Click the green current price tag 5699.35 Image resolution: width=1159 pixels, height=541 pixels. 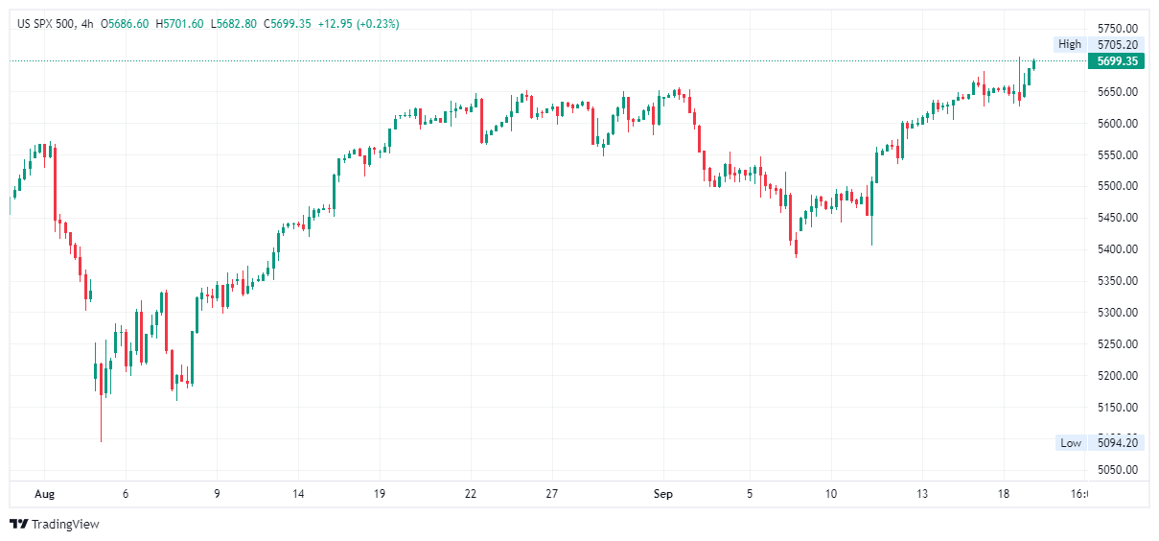tap(1116, 60)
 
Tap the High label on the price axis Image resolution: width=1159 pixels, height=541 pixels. tap(1069, 44)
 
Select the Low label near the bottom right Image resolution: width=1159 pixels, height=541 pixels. tap(1070, 442)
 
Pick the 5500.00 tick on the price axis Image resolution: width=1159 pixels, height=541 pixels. tap(1117, 186)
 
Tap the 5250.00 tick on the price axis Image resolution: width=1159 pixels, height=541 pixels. tap(1117, 343)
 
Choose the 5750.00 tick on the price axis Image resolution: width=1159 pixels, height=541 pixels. tap(1117, 29)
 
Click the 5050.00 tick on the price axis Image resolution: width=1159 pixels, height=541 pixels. tap(1117, 470)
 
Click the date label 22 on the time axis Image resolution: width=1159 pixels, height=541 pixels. tap(470, 494)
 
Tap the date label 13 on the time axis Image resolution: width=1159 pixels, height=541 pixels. tap(921, 494)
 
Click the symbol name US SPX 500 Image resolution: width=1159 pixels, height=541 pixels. tap(50, 23)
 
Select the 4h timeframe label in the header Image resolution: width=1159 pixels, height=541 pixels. tap(87, 23)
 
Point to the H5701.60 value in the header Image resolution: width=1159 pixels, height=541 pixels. tap(179, 23)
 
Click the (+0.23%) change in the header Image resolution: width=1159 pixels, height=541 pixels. tap(378, 23)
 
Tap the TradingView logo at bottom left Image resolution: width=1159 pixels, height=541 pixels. tap(55, 524)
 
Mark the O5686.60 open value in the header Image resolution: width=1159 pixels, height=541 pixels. tap(125, 23)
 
